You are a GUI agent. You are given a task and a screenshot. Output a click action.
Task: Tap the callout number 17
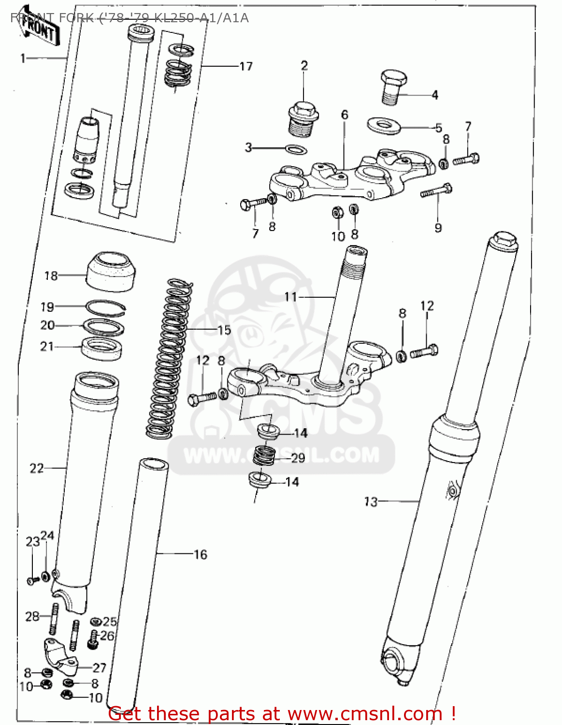246,66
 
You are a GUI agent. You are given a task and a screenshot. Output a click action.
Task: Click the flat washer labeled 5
384,125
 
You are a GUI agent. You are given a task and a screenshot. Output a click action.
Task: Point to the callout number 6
344,115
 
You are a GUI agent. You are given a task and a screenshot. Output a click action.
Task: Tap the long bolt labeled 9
436,191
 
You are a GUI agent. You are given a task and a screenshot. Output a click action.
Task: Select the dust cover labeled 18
111,271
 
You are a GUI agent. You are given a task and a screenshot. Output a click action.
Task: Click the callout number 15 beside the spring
224,331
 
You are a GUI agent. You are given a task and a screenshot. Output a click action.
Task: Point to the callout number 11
290,296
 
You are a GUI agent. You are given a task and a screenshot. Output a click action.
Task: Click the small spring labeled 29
265,455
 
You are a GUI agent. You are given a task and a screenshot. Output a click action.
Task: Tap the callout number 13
371,502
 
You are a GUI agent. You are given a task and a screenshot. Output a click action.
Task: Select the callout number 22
37,468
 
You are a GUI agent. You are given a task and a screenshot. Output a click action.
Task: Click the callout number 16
200,554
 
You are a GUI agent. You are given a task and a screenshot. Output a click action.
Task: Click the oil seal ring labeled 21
101,347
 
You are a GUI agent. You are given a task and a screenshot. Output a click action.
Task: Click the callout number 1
23,58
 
